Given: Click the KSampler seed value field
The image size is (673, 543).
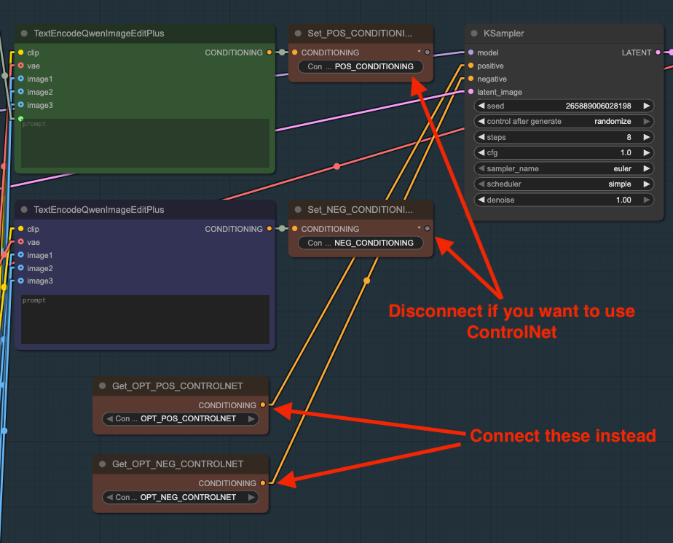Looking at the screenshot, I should click(564, 106).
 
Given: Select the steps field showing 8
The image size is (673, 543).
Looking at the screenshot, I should click(564, 137).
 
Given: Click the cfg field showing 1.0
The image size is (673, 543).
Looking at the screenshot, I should click(564, 153).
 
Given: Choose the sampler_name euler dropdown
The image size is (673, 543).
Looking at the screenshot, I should click(564, 168).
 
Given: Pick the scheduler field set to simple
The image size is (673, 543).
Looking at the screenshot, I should click(564, 184).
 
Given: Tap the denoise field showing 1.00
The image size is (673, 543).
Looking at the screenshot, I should click(564, 200).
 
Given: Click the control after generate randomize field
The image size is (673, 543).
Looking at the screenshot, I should click(564, 122).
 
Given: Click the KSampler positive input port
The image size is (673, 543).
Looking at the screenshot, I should click(471, 66).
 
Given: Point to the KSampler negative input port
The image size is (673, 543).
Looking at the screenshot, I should click(471, 79).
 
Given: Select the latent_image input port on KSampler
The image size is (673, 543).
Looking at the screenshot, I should click(471, 92).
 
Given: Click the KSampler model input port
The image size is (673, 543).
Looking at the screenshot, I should click(471, 52).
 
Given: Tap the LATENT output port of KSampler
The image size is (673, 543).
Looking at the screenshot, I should click(658, 52).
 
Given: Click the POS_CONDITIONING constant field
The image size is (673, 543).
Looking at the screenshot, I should click(361, 66).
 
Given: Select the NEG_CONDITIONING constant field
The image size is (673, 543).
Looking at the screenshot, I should click(361, 243).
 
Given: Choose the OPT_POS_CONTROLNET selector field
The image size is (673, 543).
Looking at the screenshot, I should click(181, 419).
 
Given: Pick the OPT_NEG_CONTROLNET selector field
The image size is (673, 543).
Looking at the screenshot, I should click(181, 497).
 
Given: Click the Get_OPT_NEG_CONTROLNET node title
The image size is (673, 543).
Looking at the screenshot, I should click(178, 464).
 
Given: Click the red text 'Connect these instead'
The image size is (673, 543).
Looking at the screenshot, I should click(563, 436).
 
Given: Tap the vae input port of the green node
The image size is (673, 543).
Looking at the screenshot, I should click(21, 66).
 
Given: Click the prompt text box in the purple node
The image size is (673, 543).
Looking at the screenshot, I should click(145, 319).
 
